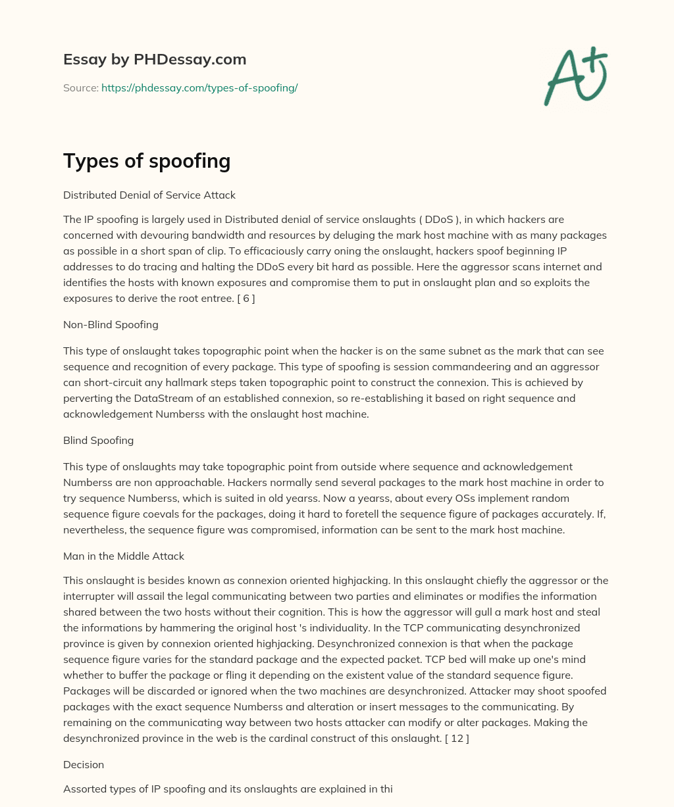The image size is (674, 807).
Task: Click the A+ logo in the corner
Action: coord(575,76)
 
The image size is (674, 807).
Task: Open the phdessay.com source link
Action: coord(199,87)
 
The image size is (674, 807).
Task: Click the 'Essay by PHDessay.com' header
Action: coord(155,60)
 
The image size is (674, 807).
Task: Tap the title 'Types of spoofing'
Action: coord(147,160)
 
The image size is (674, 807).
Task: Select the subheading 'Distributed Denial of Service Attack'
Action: coord(149,195)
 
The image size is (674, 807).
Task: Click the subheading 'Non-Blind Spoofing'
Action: coord(111,324)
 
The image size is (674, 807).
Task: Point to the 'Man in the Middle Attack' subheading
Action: coord(124,556)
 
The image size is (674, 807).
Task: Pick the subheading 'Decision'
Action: coord(84,765)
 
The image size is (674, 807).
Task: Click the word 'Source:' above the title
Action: coord(80,87)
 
